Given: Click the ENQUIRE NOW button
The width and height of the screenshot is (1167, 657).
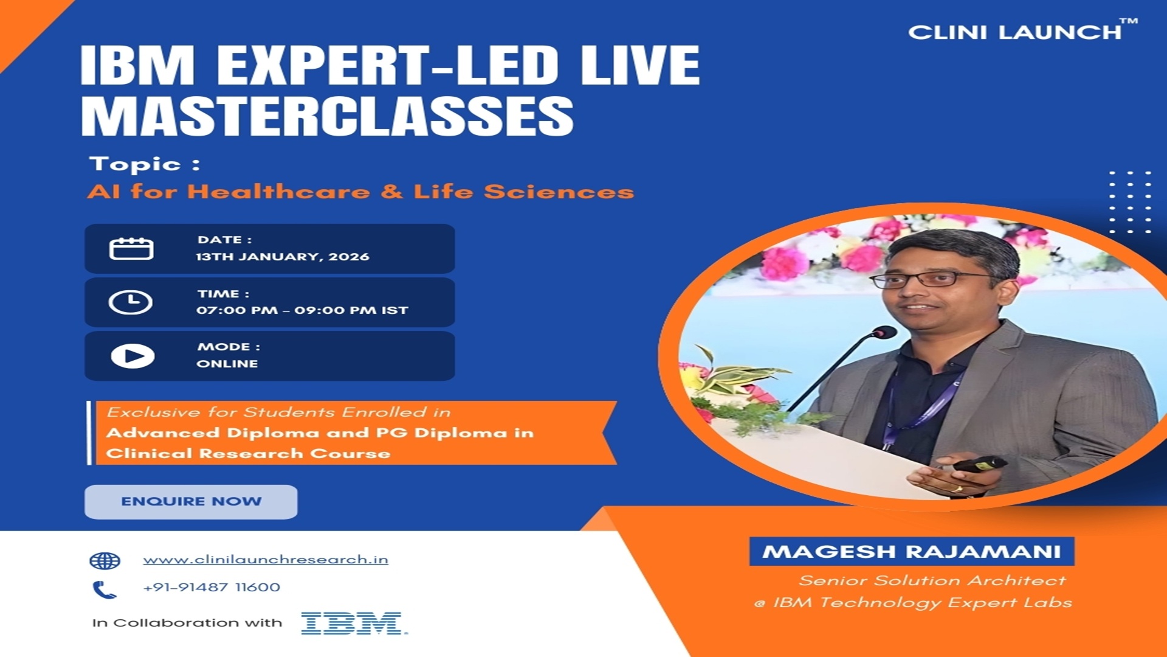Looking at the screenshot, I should [191, 502].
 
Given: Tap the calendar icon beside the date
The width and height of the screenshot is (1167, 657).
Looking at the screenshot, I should [131, 249].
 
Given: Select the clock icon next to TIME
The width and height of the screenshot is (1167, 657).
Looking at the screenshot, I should [131, 302].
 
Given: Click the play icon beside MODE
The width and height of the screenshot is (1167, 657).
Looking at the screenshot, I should [133, 356].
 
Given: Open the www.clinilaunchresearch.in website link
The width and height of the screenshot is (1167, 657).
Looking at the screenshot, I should [266, 560].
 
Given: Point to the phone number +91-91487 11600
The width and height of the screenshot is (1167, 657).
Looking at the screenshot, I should [212, 588].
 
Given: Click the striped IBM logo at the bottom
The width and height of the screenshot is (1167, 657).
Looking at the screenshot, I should [353, 624].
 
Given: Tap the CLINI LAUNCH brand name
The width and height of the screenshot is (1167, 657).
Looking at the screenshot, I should [1015, 32].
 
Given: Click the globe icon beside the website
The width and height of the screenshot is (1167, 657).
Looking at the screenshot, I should [105, 561].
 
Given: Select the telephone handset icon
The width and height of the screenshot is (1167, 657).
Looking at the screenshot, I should [104, 589].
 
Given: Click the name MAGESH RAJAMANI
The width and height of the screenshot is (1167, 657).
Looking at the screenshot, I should [911, 552].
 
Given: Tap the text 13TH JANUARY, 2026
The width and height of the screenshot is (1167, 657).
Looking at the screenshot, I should [283, 257].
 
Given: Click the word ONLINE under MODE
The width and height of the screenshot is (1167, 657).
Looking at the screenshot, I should [227, 364].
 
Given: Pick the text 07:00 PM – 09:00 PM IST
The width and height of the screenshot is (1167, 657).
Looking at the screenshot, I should [302, 310].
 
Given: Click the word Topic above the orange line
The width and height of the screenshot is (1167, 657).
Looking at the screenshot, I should [135, 164].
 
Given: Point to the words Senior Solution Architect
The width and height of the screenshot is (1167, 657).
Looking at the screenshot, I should [932, 581].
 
